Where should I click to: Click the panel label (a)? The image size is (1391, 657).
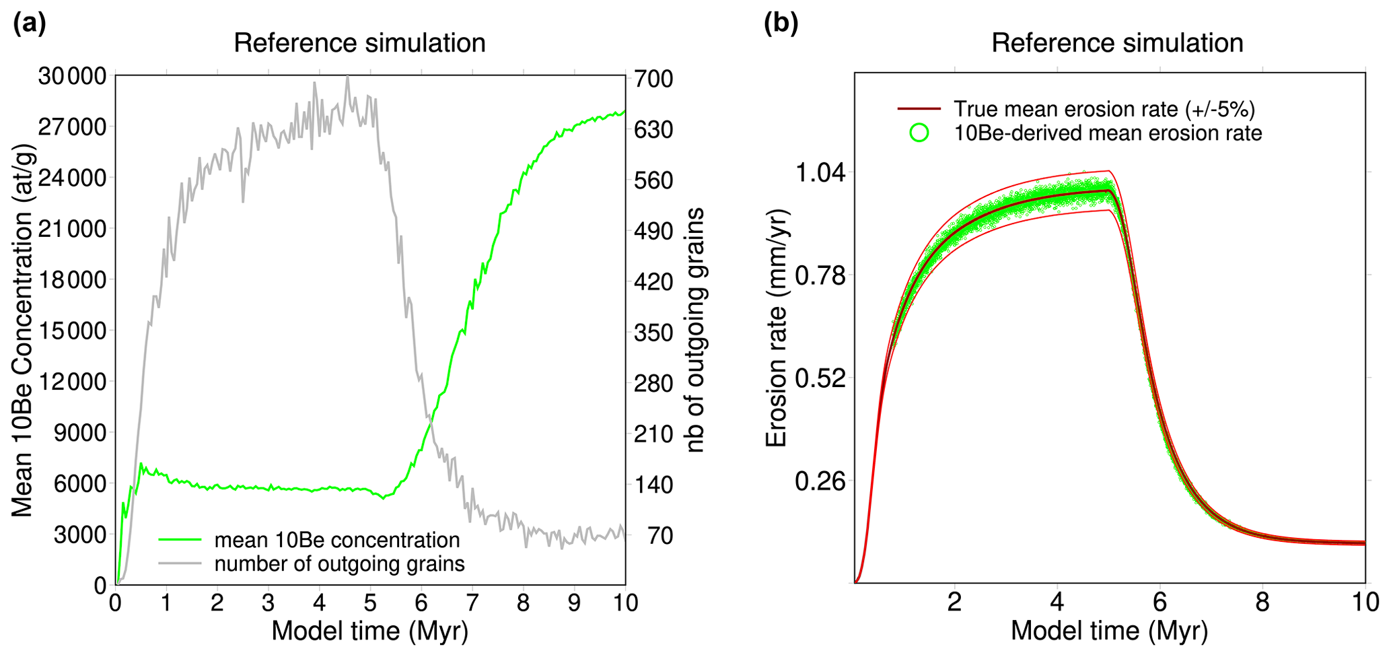tap(30, 24)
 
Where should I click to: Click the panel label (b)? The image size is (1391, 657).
tap(781, 24)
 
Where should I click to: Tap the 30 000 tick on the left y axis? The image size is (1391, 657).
tap(72, 76)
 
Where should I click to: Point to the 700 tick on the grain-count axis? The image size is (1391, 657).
tap(653, 79)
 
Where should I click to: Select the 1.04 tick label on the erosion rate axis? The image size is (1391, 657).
tap(820, 173)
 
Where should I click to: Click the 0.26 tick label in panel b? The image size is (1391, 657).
tap(820, 481)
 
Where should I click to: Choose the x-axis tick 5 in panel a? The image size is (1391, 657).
tap(370, 602)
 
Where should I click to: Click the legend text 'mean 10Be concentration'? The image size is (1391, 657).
tap(337, 540)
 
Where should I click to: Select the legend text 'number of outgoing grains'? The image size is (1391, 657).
tap(339, 563)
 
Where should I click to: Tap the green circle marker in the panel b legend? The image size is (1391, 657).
tap(919, 133)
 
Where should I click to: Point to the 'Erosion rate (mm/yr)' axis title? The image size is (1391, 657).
tap(776, 328)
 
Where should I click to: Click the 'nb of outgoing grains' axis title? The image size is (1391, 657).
tap(694, 330)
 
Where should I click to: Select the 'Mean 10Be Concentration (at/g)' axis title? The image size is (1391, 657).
tap(22, 330)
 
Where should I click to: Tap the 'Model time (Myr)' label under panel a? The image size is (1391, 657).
tap(369, 631)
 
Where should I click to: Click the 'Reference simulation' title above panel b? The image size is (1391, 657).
tap(1116, 43)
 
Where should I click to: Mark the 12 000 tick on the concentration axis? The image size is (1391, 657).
tap(72, 382)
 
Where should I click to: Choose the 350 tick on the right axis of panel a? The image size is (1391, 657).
tap(653, 333)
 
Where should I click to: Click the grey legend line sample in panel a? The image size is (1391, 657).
tap(180, 563)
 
